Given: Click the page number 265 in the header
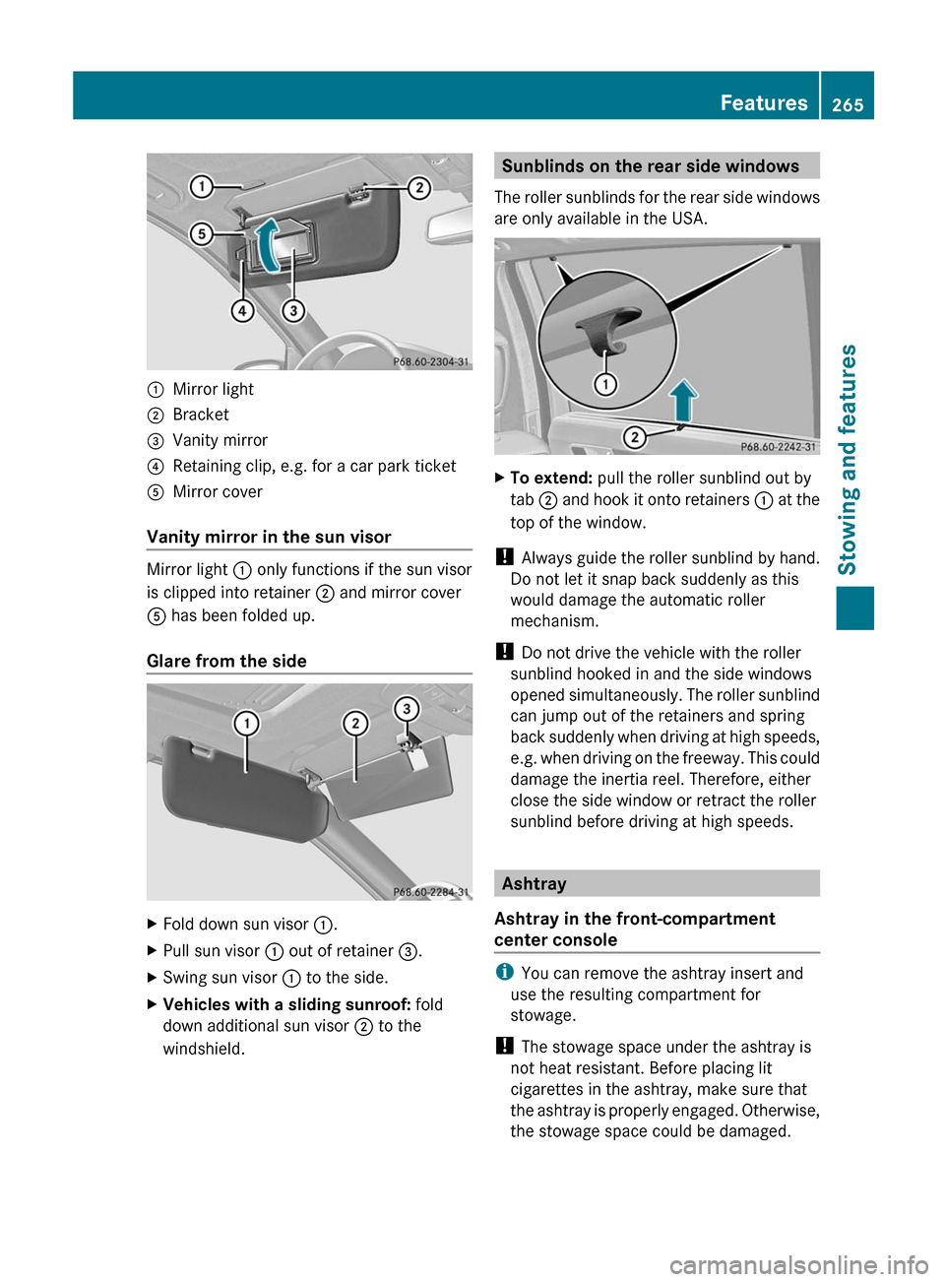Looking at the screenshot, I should click(x=847, y=104).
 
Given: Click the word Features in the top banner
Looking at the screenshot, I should click(x=763, y=102).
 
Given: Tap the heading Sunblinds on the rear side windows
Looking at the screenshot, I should click(x=650, y=166).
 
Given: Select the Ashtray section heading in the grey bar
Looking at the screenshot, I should click(x=534, y=883).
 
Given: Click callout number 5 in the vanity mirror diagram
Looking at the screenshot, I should click(x=201, y=233).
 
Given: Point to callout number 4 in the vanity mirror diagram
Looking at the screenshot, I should click(x=242, y=311).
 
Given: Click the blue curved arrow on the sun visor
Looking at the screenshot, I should click(x=268, y=243).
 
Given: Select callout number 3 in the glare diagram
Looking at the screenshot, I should click(x=406, y=709).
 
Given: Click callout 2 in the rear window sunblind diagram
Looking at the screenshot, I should click(x=635, y=437).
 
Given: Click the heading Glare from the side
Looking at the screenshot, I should click(x=226, y=661).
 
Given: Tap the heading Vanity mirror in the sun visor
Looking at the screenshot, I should click(x=269, y=537).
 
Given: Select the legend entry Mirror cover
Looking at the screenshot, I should click(x=218, y=491).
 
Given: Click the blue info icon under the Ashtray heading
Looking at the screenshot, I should click(x=504, y=973).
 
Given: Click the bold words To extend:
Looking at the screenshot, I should click(x=550, y=478).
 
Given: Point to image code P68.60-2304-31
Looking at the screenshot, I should click(x=430, y=361).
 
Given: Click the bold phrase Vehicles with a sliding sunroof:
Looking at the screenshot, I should click(x=286, y=1004).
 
